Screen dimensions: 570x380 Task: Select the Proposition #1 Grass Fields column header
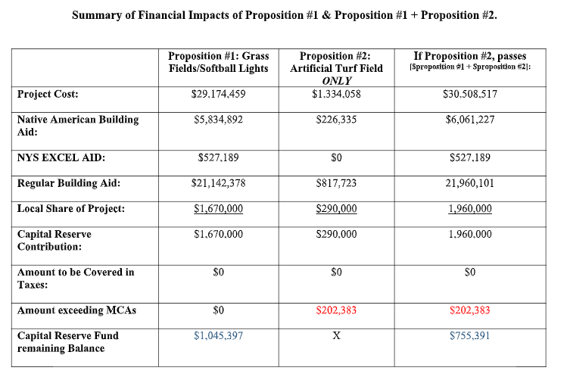pos(219,62)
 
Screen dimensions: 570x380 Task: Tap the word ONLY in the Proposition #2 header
pos(337,81)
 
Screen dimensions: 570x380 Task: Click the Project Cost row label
pos(48,94)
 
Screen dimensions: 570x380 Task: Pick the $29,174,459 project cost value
pos(219,94)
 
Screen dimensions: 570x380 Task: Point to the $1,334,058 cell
pos(337,94)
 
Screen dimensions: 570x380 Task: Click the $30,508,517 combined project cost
pos(470,94)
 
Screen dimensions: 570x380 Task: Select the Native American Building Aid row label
pos(78,126)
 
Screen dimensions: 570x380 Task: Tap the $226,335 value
pos(337,120)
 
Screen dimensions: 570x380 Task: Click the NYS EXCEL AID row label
pos(61,157)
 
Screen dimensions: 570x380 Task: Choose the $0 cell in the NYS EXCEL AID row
pos(337,157)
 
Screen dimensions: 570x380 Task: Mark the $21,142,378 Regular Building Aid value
pos(219,183)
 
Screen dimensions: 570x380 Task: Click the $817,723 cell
pos(337,183)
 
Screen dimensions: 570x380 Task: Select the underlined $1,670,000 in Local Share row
pos(219,209)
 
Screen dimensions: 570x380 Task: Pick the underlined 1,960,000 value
pos(470,209)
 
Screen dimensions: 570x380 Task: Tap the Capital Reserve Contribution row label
pos(55,241)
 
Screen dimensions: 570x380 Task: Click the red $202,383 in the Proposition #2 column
pos(337,310)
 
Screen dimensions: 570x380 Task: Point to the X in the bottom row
pos(337,335)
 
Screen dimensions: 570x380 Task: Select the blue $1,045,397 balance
pos(219,335)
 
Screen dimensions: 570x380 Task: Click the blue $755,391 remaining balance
pos(470,335)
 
